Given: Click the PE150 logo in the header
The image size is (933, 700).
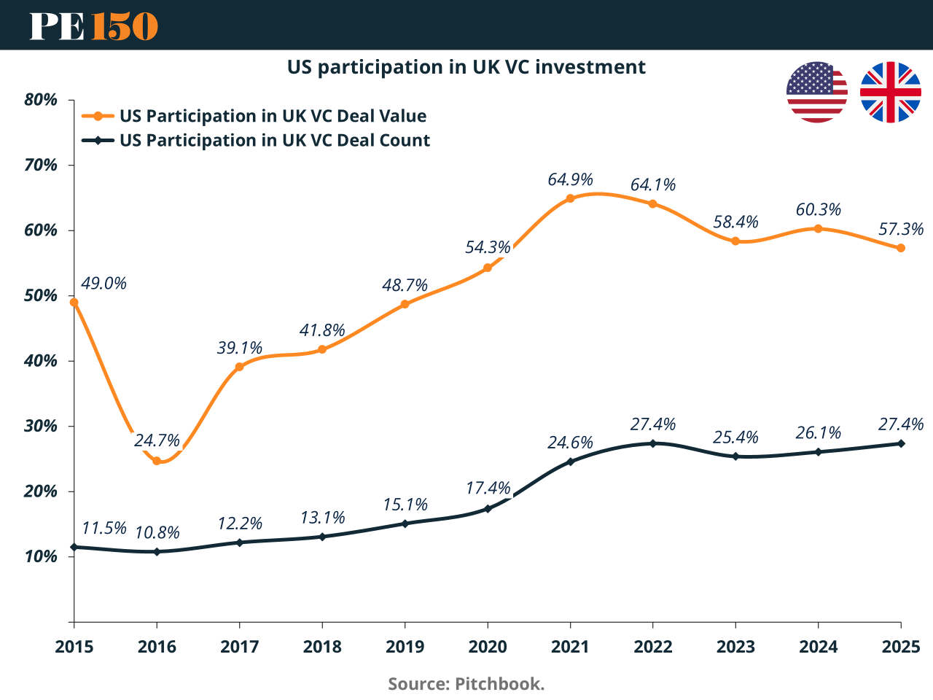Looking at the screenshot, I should coord(93,26).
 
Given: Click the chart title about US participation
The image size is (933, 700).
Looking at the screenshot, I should coord(466,67).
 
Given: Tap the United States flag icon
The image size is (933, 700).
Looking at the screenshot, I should coord(817,93).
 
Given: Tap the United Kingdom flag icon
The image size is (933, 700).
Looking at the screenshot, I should coord(890,93).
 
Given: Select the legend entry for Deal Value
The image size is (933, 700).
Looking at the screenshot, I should coord(273,116).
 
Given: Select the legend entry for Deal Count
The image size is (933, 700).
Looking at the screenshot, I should coord(275,140).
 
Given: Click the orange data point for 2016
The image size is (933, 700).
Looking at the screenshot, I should coord(157,461).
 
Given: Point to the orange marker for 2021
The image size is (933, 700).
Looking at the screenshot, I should coord(570,198).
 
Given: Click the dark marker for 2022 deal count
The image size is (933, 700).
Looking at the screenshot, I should coord(652,443).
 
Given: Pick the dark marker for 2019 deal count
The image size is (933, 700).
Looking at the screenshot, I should coord(405,524).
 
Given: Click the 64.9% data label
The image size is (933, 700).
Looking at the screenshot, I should coord(570,179).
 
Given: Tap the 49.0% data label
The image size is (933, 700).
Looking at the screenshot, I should coord(104,283).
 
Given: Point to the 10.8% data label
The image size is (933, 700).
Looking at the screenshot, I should coord(157,532).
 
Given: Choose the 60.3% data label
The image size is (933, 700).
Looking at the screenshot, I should coord(818,210).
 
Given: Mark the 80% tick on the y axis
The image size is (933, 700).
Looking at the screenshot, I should coord(41,100).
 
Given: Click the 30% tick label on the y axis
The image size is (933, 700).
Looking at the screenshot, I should coord(41,426).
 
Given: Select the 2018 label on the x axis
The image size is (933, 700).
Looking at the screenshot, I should coord(322,647).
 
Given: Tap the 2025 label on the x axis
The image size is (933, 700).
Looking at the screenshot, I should coord(901,647).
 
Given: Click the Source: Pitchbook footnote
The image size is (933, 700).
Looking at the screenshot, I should coord(466,684).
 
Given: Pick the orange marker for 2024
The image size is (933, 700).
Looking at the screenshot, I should coord(818,229).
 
